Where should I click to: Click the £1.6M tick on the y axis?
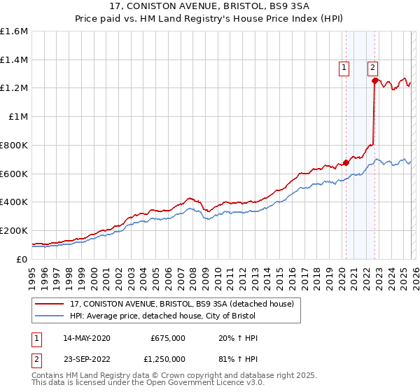(x=14, y=31)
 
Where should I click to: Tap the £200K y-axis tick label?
(x=14, y=230)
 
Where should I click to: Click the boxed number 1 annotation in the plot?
(x=345, y=68)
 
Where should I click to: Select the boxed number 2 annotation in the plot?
(x=373, y=68)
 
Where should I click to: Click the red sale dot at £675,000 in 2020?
(x=346, y=162)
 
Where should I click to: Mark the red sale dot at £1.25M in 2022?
(x=375, y=80)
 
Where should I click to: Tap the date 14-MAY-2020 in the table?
(x=87, y=338)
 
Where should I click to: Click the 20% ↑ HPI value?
(x=239, y=338)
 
